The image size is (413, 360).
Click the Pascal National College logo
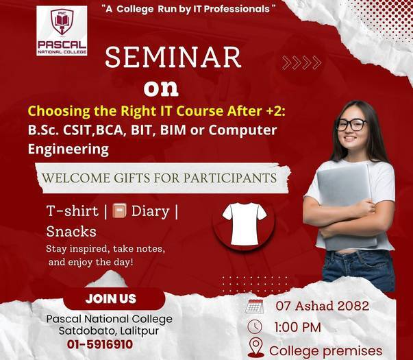click(62, 31)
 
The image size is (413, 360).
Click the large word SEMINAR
click(173, 58)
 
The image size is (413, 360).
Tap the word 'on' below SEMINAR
click(161, 88)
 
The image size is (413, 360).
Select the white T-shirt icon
click(244, 220)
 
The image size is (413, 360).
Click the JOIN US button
click(111, 299)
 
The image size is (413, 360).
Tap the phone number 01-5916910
click(100, 344)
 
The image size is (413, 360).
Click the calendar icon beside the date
click(254, 306)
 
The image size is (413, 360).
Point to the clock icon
click(254, 326)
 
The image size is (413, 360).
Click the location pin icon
click(255, 348)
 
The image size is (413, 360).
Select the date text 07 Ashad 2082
click(322, 306)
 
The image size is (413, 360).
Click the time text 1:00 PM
click(297, 327)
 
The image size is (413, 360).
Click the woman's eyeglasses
click(351, 125)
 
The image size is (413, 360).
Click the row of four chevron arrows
click(301, 63)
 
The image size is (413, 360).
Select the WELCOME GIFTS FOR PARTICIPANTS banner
click(159, 178)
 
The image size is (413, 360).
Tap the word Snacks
click(71, 231)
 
